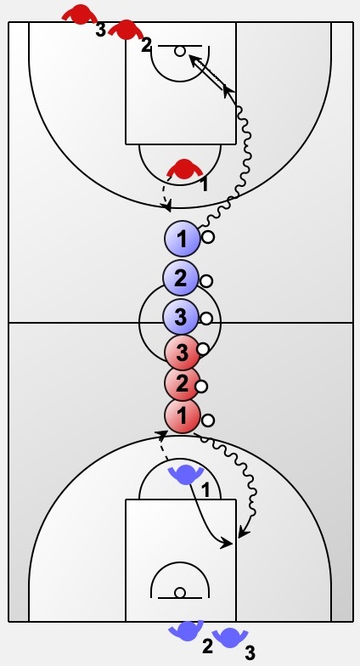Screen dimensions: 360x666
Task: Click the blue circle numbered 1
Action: [x=182, y=240]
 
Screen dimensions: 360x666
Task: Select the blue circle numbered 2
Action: [x=180, y=279]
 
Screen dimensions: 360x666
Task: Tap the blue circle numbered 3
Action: [x=180, y=317]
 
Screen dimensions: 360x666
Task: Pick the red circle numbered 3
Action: [x=182, y=353]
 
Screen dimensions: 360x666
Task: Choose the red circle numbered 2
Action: [x=182, y=383]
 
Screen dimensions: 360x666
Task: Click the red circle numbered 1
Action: [x=182, y=416]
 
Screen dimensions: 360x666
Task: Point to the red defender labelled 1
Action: [x=184, y=168]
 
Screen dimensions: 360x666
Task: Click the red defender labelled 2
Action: [x=126, y=30]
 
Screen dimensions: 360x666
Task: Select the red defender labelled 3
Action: [x=80, y=15]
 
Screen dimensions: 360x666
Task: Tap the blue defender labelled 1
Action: [x=187, y=474]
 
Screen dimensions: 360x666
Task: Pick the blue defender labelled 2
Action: [x=187, y=630]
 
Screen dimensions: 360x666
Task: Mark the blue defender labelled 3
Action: [x=230, y=637]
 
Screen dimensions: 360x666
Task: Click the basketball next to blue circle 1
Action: [x=207, y=237]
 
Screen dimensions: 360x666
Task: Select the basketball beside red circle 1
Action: [x=207, y=420]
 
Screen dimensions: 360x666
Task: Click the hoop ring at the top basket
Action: [x=180, y=51]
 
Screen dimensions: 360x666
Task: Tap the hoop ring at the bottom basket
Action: [x=180, y=593]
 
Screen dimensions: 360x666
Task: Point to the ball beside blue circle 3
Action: [x=205, y=319]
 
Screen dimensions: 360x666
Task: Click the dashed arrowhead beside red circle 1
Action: [x=161, y=434]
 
